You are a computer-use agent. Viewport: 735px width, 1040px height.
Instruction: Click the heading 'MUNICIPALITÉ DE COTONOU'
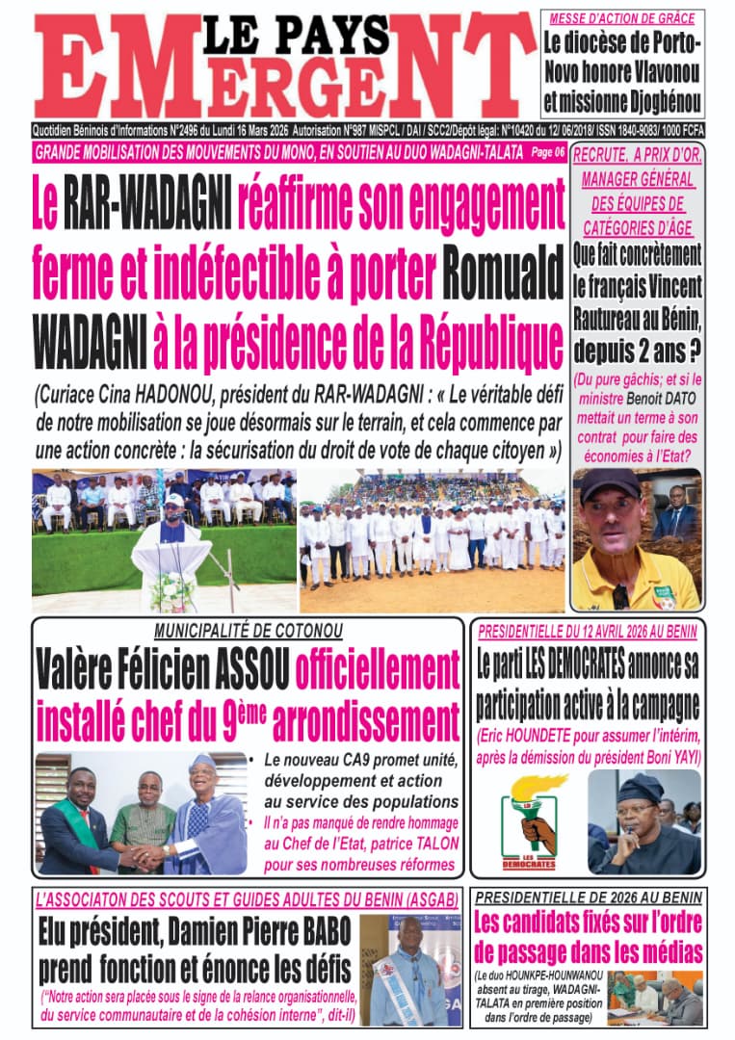247,632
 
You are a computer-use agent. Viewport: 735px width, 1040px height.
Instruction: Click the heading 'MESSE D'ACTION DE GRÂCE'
622,19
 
